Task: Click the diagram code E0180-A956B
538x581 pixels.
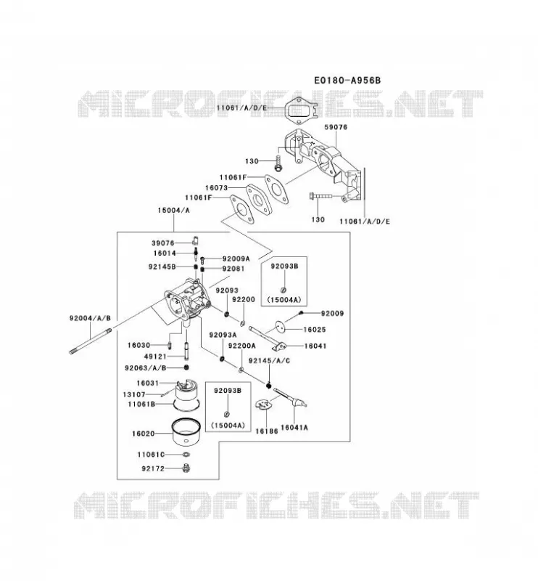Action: pyautogui.click(x=347, y=80)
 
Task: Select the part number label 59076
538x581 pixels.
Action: pyautogui.click(x=336, y=127)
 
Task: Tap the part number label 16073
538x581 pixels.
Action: pyautogui.click(x=217, y=188)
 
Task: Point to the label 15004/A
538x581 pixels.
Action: pyautogui.click(x=173, y=210)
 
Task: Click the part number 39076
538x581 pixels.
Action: pyautogui.click(x=163, y=243)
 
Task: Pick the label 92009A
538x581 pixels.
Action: pyautogui.click(x=236, y=259)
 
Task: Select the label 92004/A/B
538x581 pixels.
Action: pyautogui.click(x=90, y=318)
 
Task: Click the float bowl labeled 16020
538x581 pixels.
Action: pyautogui.click(x=186, y=431)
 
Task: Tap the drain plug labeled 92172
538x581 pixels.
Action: pyautogui.click(x=186, y=468)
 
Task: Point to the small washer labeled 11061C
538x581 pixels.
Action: pyautogui.click(x=186, y=455)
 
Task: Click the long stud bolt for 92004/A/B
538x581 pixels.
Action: pyautogui.click(x=91, y=341)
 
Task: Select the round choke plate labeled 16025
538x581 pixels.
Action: pyautogui.click(x=281, y=328)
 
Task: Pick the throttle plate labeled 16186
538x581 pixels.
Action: pyautogui.click(x=262, y=405)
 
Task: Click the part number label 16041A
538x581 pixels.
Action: pyautogui.click(x=294, y=427)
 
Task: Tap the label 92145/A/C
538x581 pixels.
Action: pyautogui.click(x=269, y=360)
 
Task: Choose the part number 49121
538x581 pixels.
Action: pyautogui.click(x=155, y=357)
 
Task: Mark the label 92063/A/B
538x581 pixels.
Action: pyautogui.click(x=146, y=367)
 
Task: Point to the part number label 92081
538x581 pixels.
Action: pyautogui.click(x=233, y=268)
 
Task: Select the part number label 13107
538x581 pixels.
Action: pyautogui.click(x=134, y=394)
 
